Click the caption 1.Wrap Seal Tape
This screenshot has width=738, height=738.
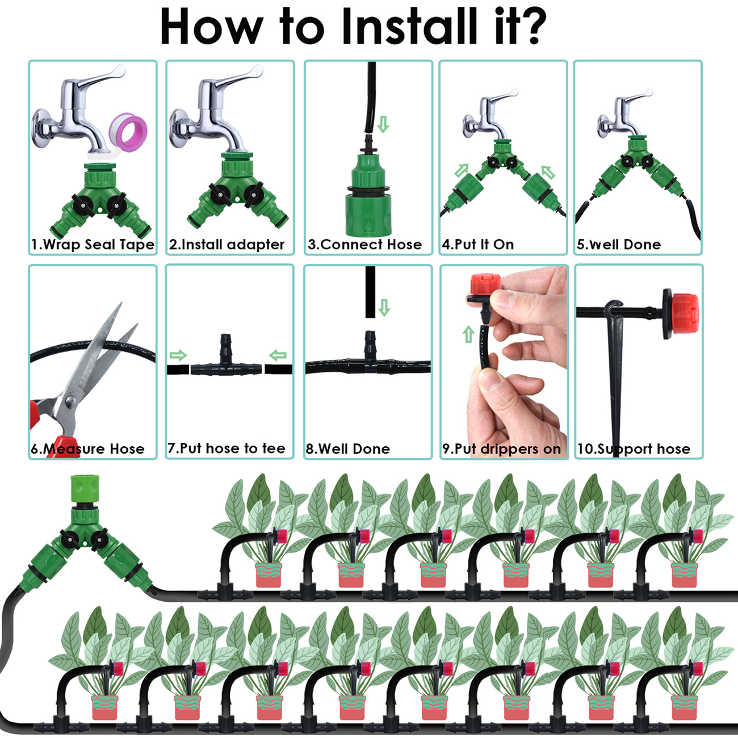click(x=93, y=245)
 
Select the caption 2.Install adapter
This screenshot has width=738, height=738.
click(x=227, y=245)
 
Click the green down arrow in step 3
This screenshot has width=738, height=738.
click(x=383, y=124)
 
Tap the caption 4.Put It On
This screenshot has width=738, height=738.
click(x=478, y=245)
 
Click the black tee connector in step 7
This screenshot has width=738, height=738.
click(x=227, y=363)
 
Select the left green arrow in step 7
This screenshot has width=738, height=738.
click(x=178, y=355)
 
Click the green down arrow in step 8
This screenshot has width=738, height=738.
click(x=384, y=308)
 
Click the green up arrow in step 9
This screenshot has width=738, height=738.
click(x=468, y=334)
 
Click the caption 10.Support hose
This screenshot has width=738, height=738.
click(x=634, y=449)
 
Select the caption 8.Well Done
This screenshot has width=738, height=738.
click(x=347, y=449)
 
